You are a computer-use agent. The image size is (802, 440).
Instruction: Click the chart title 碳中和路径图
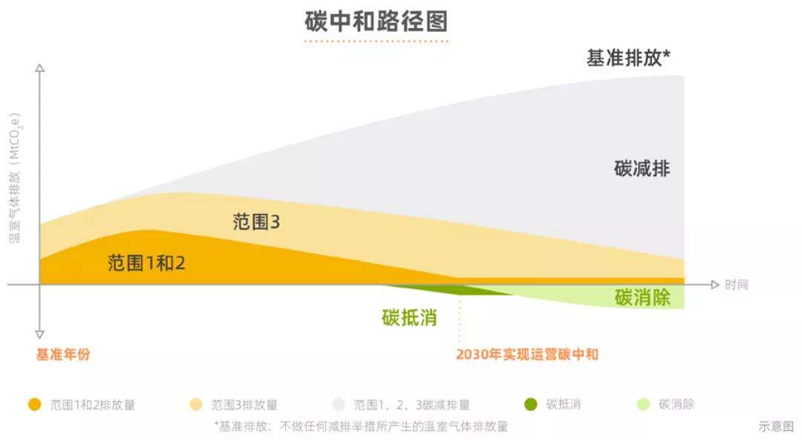(x=376, y=21)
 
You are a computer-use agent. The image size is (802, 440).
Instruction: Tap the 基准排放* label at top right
(x=628, y=58)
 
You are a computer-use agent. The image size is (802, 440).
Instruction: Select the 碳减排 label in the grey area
(x=642, y=169)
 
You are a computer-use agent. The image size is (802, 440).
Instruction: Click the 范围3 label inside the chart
(x=256, y=221)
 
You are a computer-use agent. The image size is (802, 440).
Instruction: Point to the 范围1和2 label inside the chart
(x=146, y=262)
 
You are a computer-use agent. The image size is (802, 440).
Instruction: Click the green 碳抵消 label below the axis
(x=409, y=318)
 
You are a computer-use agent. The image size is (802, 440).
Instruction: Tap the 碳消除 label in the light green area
(x=642, y=298)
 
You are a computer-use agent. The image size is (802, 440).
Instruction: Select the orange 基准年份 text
(x=63, y=355)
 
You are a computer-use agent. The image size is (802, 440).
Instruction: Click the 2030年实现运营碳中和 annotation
(x=526, y=355)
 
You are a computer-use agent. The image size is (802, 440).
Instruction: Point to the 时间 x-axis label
(x=737, y=285)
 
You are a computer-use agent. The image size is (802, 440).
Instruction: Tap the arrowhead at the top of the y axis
(x=40, y=68)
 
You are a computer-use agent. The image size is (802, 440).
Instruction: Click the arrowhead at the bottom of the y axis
(x=40, y=334)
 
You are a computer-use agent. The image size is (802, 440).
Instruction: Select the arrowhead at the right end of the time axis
(x=714, y=285)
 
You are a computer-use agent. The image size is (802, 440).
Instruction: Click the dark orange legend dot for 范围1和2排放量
(x=34, y=405)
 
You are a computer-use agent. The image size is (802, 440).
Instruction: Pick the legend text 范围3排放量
(x=244, y=405)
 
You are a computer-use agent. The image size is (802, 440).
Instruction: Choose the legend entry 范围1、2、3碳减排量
(x=411, y=405)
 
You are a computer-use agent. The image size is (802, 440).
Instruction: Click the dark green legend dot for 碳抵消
(x=529, y=405)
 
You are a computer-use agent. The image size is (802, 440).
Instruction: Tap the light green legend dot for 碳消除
(x=643, y=405)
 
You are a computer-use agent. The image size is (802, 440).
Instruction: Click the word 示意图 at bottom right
(x=775, y=427)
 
